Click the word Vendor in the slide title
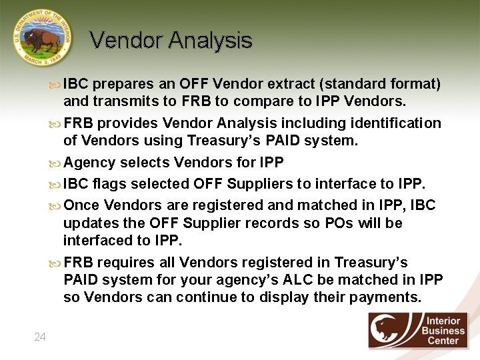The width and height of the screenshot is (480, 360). point(126,41)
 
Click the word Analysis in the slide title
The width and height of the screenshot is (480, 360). point(210,41)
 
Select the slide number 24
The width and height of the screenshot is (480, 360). point(40,337)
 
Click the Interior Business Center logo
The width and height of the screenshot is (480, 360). point(418,330)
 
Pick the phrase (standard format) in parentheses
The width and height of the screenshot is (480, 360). point(380,85)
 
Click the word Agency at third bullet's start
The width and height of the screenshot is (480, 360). point(89,163)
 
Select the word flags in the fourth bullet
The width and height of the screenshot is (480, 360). point(109,183)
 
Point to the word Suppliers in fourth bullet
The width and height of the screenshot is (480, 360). point(258,183)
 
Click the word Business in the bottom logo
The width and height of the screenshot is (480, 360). point(443,331)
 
